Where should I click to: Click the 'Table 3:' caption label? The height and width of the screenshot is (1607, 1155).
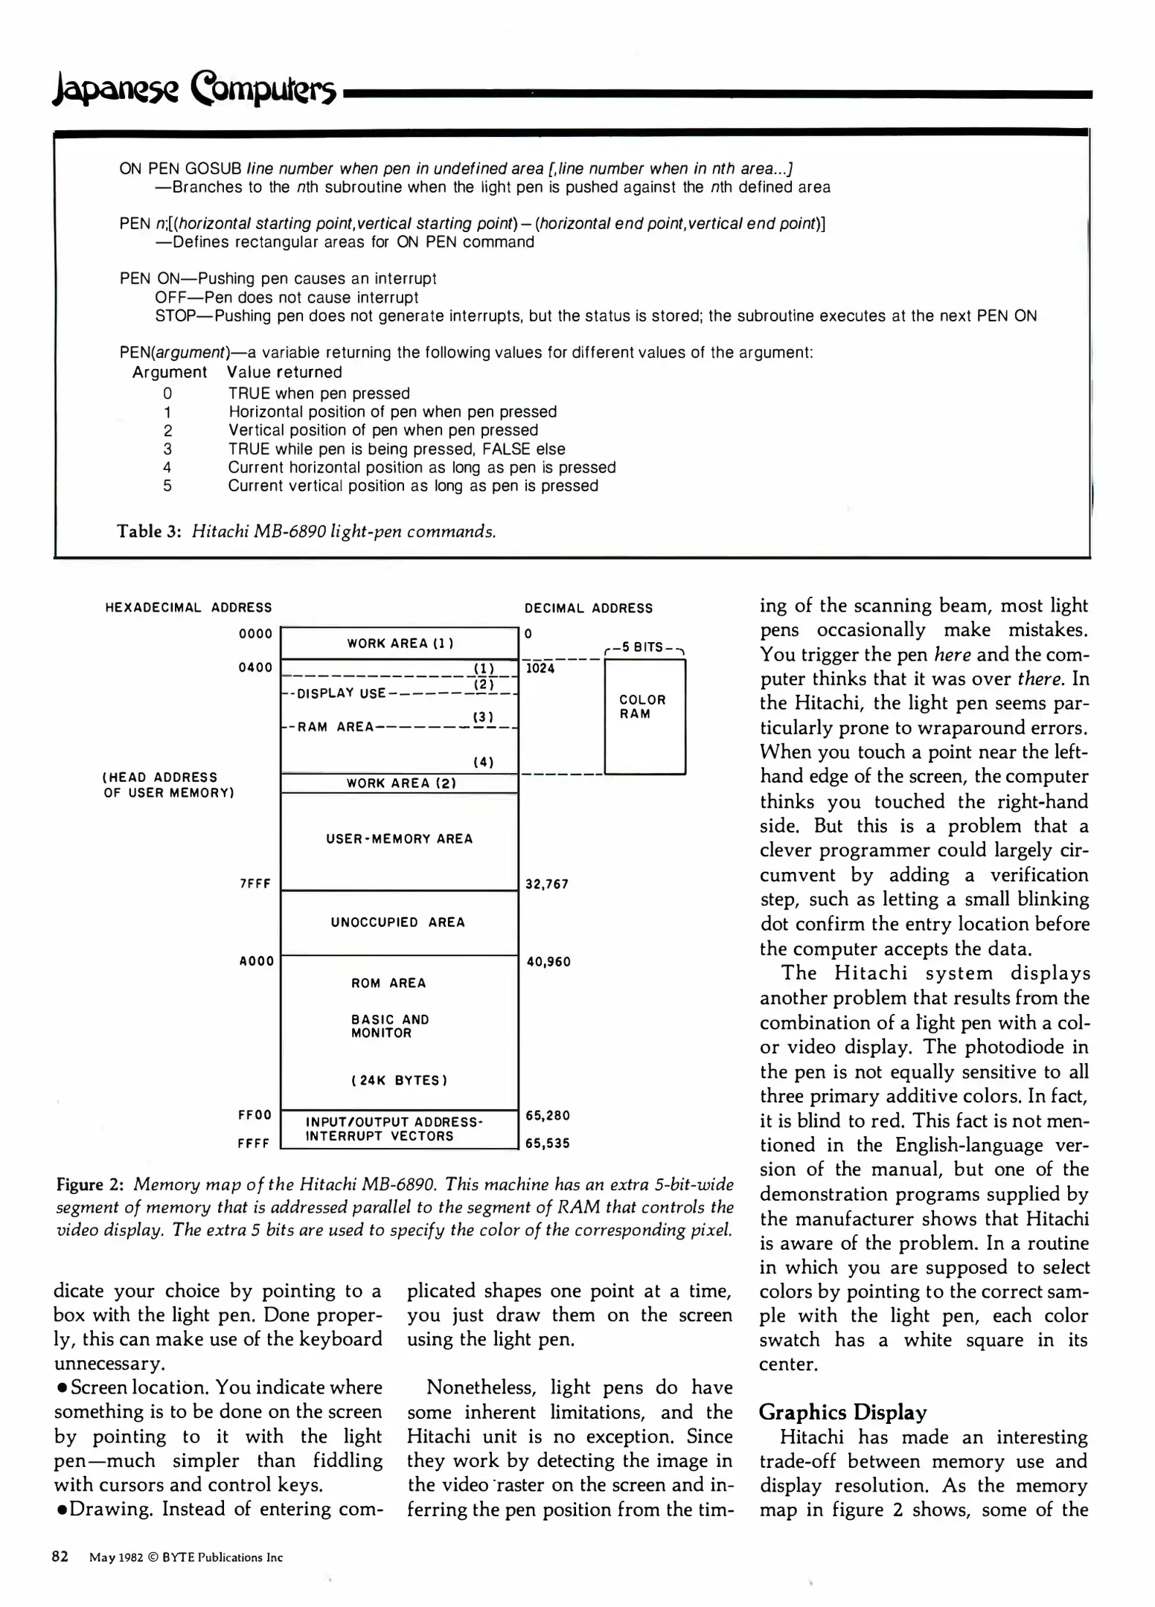coord(149,531)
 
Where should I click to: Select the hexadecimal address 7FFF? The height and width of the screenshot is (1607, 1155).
coord(255,884)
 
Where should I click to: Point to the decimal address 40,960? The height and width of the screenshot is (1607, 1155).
coord(548,961)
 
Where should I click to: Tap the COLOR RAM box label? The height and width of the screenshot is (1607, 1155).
coord(642,707)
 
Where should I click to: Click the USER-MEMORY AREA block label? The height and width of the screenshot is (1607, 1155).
coord(399,838)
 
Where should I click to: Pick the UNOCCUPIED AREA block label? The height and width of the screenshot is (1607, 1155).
coord(398,922)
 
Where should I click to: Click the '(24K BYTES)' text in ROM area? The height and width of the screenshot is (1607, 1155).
coord(399,1080)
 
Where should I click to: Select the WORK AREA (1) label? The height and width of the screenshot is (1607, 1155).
coord(400,643)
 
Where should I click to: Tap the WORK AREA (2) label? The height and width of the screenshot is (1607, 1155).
coord(400,783)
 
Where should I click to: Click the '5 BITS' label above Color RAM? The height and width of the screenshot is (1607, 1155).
coord(644,647)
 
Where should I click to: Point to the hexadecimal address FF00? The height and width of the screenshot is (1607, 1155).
coord(255,1114)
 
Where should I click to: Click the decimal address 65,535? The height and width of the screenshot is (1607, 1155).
coord(548,1143)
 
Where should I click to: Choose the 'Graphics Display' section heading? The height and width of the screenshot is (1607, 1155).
coord(842,1412)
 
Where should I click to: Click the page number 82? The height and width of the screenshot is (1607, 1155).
coord(60,1556)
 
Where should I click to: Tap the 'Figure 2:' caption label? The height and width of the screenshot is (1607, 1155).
coord(90,1184)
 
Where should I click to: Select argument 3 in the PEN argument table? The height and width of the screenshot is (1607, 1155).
coord(167,449)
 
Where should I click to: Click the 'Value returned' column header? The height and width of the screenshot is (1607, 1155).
coord(284,372)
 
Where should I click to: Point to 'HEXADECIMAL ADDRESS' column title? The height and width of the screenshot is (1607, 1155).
coord(188,607)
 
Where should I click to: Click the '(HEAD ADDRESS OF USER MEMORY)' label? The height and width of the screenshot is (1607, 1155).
coord(169,785)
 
